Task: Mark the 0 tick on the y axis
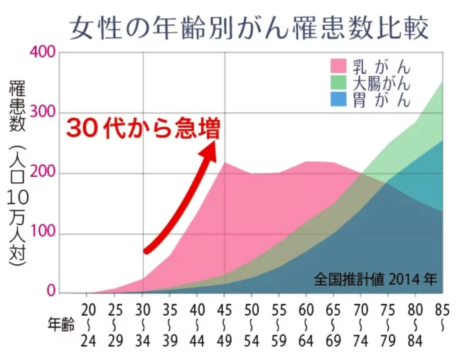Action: point(50,290)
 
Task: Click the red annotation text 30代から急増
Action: point(143,129)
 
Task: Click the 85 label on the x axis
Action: point(442,310)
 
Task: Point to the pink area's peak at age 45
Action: point(225,163)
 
